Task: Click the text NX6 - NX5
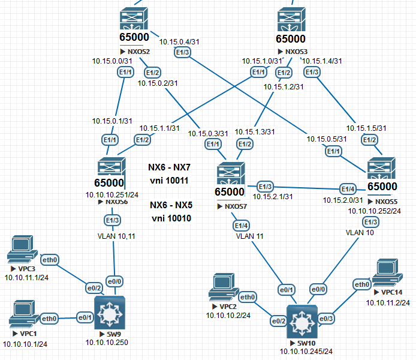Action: [171, 205]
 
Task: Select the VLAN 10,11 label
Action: [114, 236]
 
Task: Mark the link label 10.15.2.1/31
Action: [272, 196]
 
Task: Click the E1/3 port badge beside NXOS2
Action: [182, 53]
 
